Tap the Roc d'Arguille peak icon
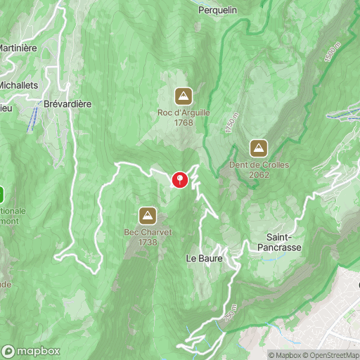tap(184, 95)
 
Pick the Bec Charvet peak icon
tap(148, 215)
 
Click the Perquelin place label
tap(218, 10)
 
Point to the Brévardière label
tap(68, 103)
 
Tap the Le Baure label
tap(204, 259)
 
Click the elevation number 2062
tap(259, 174)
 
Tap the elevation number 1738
tap(148, 241)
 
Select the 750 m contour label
tap(230, 311)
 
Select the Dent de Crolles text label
tap(259, 165)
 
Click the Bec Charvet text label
tap(148, 232)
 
